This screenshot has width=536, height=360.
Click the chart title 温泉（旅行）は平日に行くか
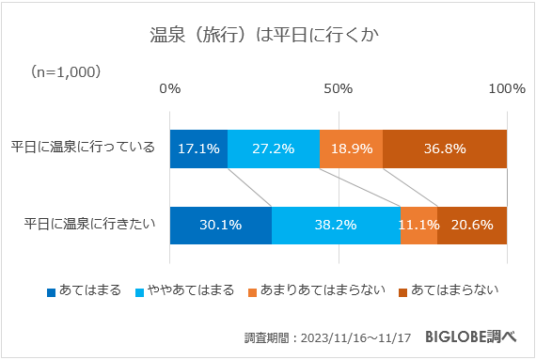tap(267, 36)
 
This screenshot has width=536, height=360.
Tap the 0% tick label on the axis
tap(170, 88)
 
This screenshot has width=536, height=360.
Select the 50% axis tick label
tap(338, 88)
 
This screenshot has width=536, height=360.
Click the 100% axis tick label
tap(507, 88)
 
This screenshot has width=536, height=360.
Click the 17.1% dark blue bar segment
tap(198, 149)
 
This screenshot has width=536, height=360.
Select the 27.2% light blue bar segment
tap(274, 149)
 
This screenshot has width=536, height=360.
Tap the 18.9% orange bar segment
tap(351, 149)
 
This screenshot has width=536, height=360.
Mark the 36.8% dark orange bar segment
tap(445, 149)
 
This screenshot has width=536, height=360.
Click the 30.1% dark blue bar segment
tap(221, 225)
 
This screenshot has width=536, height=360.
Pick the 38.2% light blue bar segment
tap(336, 225)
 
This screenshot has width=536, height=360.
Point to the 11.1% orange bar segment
tap(418, 225)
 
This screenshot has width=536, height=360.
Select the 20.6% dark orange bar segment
tap(472, 225)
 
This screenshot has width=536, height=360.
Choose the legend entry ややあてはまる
tap(185, 290)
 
